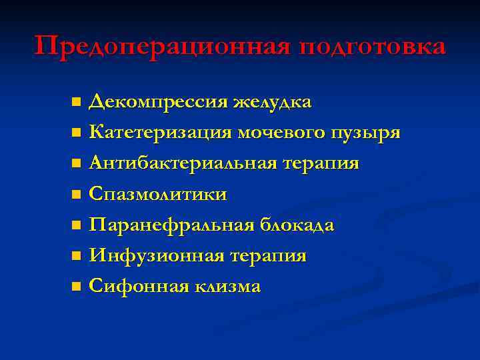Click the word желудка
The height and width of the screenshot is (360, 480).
point(272,102)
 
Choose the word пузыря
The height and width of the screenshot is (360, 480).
point(367,133)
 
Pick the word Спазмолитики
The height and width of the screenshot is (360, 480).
point(158,195)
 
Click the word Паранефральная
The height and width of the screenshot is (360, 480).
point(171,225)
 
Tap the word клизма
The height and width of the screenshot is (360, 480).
point(228,287)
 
